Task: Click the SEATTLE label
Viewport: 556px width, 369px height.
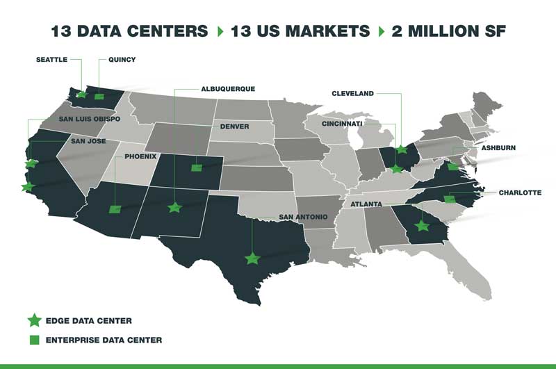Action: (51, 60)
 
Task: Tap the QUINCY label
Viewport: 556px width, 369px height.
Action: (117, 60)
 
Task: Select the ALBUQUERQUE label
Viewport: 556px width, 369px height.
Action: (227, 89)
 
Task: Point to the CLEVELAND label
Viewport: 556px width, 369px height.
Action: (353, 93)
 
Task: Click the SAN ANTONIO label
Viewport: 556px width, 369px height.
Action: (302, 217)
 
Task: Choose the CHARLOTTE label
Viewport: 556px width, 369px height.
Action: (519, 192)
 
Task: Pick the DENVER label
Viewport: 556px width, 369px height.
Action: (234, 127)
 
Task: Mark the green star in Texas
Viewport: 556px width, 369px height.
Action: (252, 259)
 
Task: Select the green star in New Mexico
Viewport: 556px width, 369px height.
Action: (174, 207)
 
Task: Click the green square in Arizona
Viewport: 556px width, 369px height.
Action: (115, 209)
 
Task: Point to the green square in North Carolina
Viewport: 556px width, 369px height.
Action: (449, 199)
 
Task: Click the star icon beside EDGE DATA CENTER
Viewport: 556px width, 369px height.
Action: (33, 320)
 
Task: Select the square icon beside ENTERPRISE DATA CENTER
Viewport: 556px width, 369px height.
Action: (33, 340)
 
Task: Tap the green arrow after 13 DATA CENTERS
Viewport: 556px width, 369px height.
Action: (220, 31)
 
